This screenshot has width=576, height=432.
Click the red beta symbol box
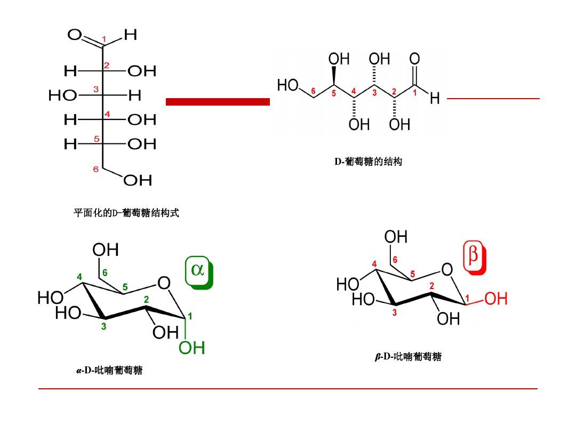(x=474, y=259)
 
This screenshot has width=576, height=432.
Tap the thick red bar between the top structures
(x=218, y=101)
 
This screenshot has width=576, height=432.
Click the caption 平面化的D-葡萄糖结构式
(x=126, y=213)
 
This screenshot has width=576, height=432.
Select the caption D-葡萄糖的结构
(x=368, y=162)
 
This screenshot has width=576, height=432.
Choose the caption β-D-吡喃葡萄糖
(x=408, y=357)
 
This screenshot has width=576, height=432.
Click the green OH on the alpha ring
(x=191, y=348)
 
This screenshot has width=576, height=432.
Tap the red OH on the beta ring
(x=495, y=299)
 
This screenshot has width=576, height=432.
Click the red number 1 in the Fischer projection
(x=104, y=39)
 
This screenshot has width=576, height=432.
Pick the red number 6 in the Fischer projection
(x=96, y=169)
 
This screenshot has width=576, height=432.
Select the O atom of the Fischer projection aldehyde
(x=75, y=35)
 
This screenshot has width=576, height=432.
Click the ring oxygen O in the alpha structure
(x=164, y=283)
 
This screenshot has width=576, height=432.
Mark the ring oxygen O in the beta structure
(x=447, y=270)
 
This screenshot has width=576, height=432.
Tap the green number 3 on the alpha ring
(x=103, y=326)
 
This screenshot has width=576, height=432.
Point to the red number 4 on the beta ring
(x=374, y=264)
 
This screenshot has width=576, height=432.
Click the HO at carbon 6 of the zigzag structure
(x=288, y=85)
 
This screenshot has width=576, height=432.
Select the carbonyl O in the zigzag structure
(x=414, y=59)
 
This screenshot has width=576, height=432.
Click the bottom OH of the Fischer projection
(x=138, y=181)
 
